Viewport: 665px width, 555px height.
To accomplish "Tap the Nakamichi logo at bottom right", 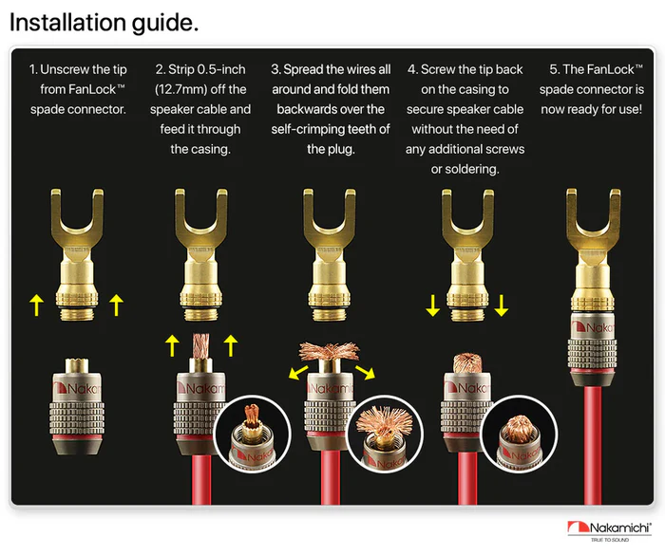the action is point(610,531).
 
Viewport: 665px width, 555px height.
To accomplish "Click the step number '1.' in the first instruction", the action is point(33,69).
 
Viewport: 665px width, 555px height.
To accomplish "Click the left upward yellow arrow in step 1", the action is point(37,305).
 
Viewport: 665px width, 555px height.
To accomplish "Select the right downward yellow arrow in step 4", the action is point(502,305).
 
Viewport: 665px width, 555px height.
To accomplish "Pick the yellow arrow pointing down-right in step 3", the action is point(365,372).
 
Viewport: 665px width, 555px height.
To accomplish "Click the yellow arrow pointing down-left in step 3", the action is point(298,372).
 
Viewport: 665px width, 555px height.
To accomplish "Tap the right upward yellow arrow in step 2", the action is point(230,345).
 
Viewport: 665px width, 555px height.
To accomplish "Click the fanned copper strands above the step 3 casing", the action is point(329,351).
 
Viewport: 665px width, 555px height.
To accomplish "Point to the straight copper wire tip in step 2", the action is point(200,345).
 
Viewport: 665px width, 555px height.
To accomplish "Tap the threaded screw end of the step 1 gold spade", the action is point(77,314).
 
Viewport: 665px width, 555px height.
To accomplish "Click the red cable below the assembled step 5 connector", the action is point(592,444).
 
